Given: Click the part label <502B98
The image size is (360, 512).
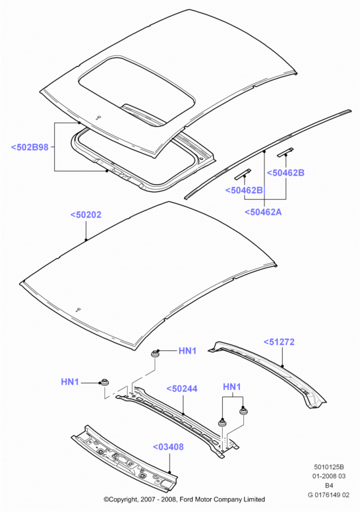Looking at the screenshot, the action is tap(30, 147).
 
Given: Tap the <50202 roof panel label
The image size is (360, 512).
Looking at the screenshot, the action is tap(86, 214).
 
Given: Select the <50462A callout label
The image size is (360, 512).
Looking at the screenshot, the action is tap(263, 212).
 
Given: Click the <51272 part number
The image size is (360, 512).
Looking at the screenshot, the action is tap(279, 342).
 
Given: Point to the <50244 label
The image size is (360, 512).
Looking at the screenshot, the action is tap(182, 389).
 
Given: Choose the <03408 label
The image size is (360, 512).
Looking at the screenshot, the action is tap(168, 447).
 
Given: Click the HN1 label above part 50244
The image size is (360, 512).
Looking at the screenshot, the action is tap(231, 387).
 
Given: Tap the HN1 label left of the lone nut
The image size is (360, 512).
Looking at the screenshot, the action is tap(70, 381).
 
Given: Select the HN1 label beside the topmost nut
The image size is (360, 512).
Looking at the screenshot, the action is tap(187, 351).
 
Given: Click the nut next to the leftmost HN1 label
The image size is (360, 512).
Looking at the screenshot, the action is tap(104, 382).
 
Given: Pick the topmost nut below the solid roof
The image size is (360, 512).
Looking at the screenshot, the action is tap(155, 353).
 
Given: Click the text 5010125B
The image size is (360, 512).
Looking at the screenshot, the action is tap(329, 467).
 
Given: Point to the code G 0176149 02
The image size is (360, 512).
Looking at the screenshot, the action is tap(328, 495).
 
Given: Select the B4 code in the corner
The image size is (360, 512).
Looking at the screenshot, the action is tap(329, 486).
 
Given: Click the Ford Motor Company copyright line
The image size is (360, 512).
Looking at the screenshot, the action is tap(184, 499).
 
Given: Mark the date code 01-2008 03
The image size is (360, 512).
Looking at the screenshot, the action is tap(329, 476).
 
